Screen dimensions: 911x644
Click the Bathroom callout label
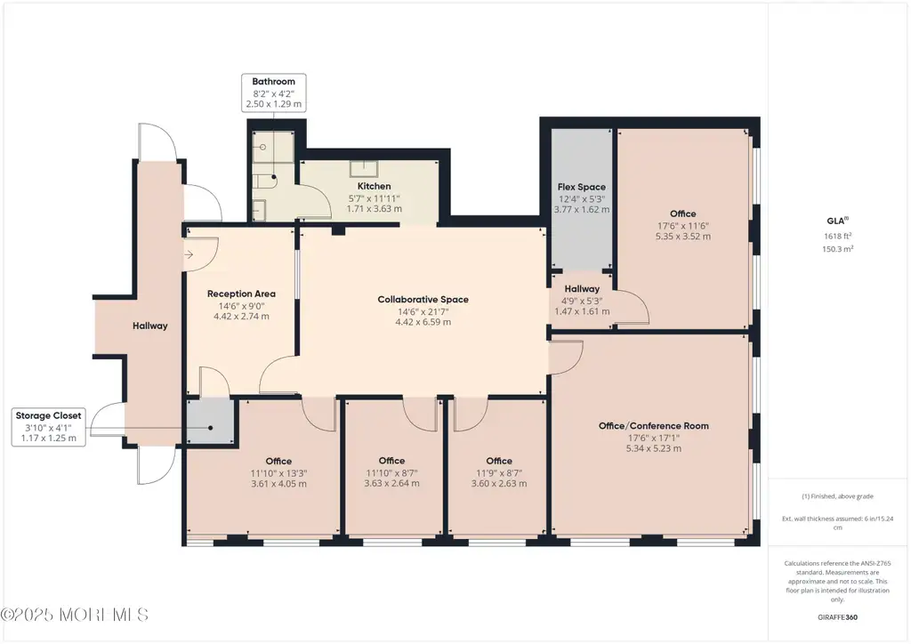pyautogui.click(x=274, y=82)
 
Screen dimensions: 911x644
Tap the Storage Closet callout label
pyautogui.click(x=48, y=415)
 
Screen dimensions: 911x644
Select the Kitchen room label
pyautogui.click(x=375, y=187)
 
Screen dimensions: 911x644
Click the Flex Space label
pyautogui.click(x=582, y=187)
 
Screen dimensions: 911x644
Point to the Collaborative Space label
pyautogui.click(x=423, y=300)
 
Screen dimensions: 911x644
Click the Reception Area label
pyautogui.click(x=241, y=294)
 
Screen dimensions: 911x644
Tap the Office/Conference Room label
pyautogui.click(x=654, y=426)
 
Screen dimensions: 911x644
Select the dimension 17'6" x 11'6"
pyautogui.click(x=682, y=225)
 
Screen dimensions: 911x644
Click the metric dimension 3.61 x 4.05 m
pyautogui.click(x=278, y=484)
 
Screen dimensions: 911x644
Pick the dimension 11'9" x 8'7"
pyautogui.click(x=499, y=472)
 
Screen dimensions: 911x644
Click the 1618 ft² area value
pyautogui.click(x=838, y=236)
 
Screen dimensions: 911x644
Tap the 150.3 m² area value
pyautogui.click(x=838, y=248)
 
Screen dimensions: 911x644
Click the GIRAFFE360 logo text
pyautogui.click(x=837, y=617)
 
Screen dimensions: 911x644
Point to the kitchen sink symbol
pyautogui.click(x=364, y=168)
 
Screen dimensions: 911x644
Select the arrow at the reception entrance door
pyautogui.click(x=189, y=254)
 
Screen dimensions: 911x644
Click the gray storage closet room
pyautogui.click(x=210, y=423)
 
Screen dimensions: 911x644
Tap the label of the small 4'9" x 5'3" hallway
pyautogui.click(x=582, y=288)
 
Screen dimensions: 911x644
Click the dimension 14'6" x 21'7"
pyautogui.click(x=423, y=312)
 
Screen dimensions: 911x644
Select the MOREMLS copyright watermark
pyautogui.click(x=75, y=615)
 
